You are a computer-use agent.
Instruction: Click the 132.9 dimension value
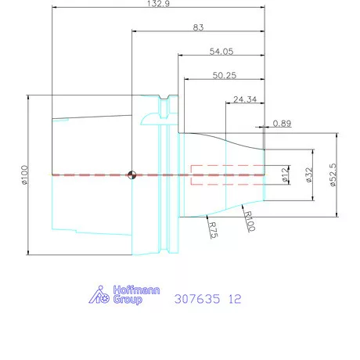159,4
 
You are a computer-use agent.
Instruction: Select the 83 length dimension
198,27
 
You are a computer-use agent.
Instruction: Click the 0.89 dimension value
283,124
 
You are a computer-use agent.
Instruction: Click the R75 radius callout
212,229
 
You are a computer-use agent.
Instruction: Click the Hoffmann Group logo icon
98,295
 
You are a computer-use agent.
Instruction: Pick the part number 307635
196,299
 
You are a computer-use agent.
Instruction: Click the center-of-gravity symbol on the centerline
135,174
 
